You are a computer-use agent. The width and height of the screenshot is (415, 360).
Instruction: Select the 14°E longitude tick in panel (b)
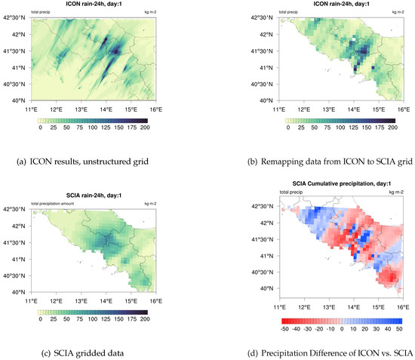[x=354, y=109]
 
